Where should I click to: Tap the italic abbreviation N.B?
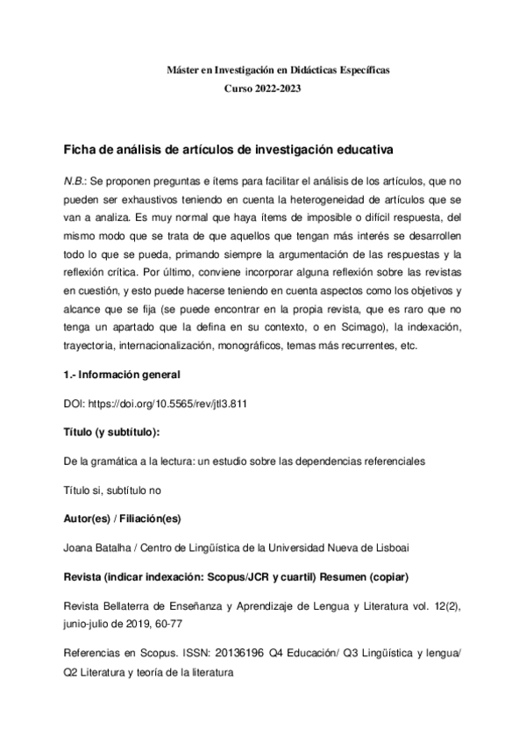(x=75, y=181)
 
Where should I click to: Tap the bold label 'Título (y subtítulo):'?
(x=112, y=433)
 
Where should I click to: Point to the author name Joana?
(x=79, y=548)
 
